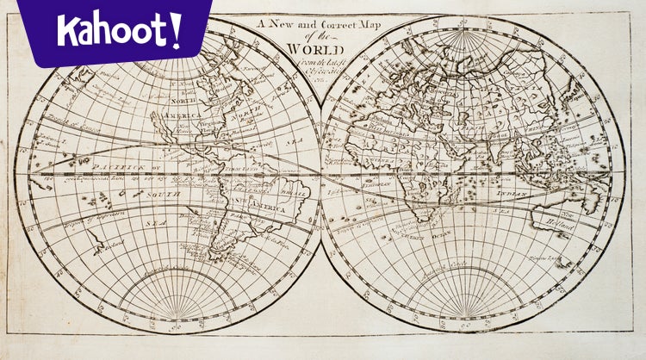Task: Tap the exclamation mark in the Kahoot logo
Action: click(x=176, y=30)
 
